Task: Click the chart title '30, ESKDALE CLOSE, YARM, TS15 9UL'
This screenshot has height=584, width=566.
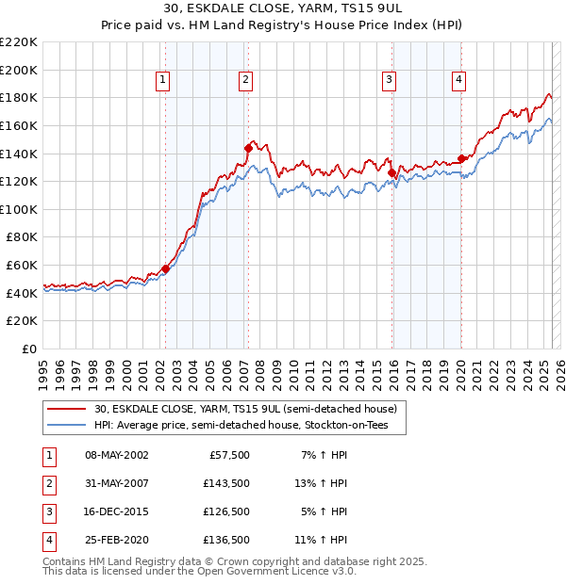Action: (282, 10)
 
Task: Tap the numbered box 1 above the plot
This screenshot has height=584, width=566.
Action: (163, 81)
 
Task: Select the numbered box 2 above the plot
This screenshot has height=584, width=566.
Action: (244, 81)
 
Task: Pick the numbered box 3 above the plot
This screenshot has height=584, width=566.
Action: (389, 81)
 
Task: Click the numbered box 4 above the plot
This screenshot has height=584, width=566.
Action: (458, 81)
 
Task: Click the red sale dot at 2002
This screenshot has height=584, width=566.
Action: (165, 268)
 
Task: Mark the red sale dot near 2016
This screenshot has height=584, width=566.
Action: (391, 171)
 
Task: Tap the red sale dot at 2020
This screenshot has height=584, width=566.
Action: (461, 158)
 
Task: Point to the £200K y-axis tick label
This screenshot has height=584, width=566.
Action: (20, 70)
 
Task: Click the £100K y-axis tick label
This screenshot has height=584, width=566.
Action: (20, 209)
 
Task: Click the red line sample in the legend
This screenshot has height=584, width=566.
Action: (66, 409)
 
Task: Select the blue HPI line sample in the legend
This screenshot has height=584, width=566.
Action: (66, 426)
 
